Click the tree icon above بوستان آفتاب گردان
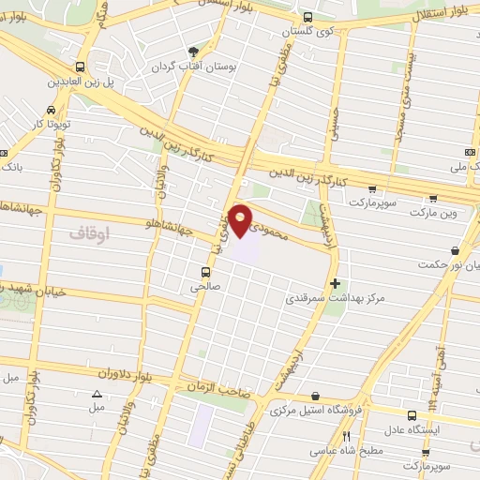pos(194,52)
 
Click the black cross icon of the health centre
pos(335,283)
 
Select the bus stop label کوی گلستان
pos(311,32)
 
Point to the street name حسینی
pos(331,131)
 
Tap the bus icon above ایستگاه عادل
pos(412,414)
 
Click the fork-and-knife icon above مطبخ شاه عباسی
pos(347,436)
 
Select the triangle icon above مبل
pos(97,394)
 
